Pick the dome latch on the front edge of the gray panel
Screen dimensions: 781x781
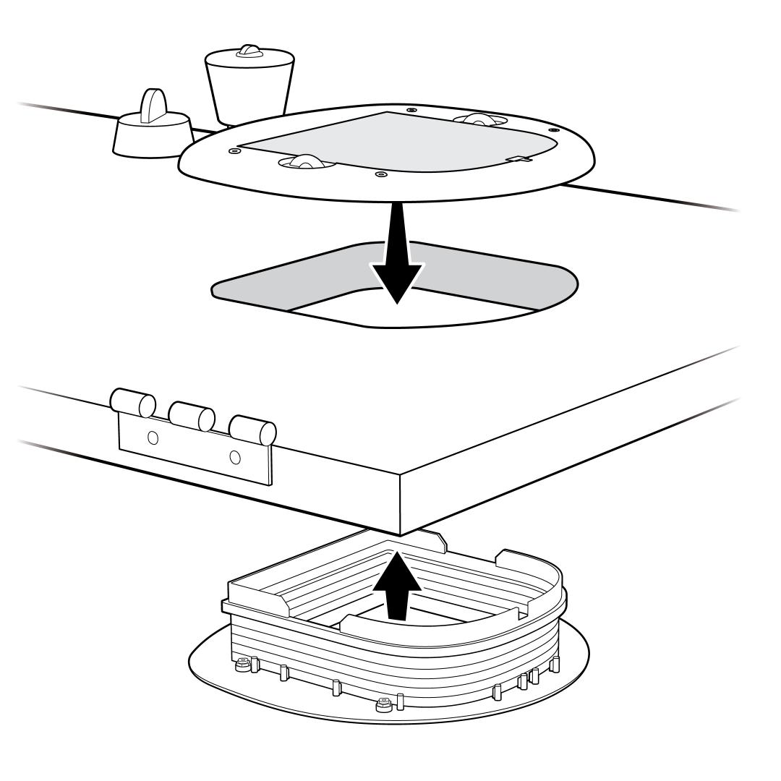pos(304,163)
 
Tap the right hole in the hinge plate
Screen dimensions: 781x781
pos(234,457)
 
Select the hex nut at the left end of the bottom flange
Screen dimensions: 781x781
pos(243,662)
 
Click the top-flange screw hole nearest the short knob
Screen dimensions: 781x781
pos(232,151)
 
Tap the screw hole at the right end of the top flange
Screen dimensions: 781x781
pos(553,129)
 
